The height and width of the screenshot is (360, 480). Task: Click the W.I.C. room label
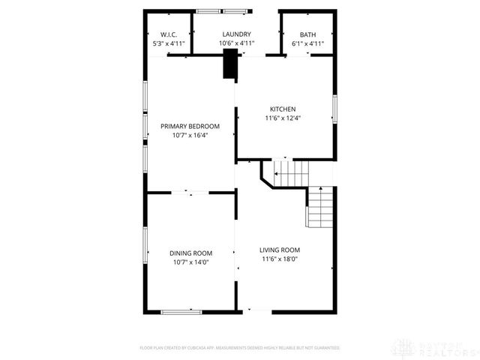(168, 34)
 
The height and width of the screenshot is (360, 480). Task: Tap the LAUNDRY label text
(236, 34)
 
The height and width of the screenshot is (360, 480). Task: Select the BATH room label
(307, 34)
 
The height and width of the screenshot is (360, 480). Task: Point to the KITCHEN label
(282, 109)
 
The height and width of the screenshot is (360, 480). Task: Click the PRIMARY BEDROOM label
(190, 126)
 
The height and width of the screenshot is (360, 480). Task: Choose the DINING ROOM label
(190, 253)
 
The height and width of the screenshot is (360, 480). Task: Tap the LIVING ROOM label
(280, 250)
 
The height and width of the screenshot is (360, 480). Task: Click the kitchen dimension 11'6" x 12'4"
(282, 118)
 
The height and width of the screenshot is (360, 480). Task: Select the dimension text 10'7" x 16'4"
(190, 135)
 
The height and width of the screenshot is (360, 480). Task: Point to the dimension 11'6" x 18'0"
(280, 259)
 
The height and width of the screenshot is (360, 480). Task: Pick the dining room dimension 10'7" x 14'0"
(190, 262)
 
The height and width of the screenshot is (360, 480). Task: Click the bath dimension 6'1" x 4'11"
(307, 43)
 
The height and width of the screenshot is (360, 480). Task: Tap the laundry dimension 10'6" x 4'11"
(236, 43)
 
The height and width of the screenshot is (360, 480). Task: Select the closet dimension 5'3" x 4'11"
(168, 43)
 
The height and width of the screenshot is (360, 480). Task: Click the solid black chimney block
(229, 64)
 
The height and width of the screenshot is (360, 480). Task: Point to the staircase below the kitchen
(290, 173)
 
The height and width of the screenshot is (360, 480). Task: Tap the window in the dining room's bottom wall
(181, 310)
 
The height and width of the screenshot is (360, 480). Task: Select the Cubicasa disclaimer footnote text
(240, 348)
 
